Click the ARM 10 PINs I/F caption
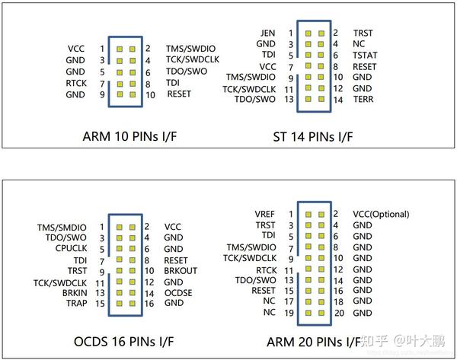[x=129, y=138]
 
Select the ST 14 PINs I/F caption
[x=315, y=138]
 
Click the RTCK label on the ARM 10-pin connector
[x=75, y=82]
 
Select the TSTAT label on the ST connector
[x=366, y=55]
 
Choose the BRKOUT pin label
[x=181, y=270]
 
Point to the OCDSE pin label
[x=178, y=292]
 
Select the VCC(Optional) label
[x=381, y=215]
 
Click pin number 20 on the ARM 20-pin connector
[x=340, y=313]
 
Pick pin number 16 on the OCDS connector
[x=149, y=303]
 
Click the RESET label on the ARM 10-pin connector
[x=178, y=94]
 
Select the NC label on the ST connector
[x=358, y=44]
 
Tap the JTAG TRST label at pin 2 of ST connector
[x=363, y=33]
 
